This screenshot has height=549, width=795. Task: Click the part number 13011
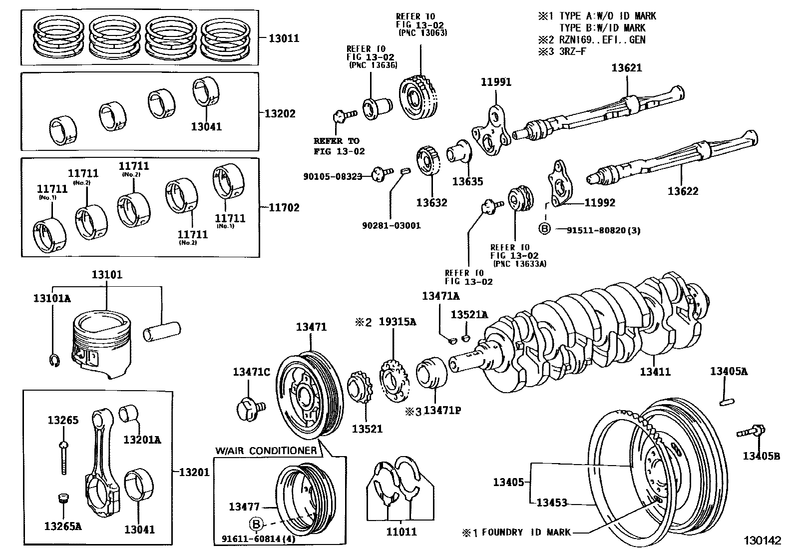(x=284, y=38)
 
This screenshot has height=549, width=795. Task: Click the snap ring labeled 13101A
(x=55, y=361)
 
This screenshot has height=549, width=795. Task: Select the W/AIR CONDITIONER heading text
(x=266, y=451)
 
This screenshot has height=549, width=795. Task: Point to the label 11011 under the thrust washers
(x=401, y=532)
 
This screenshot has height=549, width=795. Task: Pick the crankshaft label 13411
(x=655, y=372)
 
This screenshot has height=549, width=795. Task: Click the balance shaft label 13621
(x=627, y=67)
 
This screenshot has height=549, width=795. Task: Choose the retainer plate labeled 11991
(x=490, y=129)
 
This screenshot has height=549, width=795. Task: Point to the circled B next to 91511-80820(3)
(x=544, y=229)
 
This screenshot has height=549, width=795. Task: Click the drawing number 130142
(x=762, y=541)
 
